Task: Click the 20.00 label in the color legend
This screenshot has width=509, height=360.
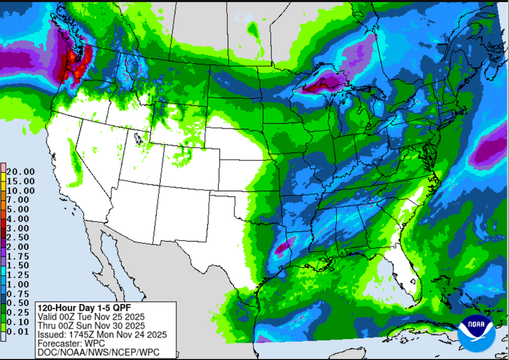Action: tap(20, 171)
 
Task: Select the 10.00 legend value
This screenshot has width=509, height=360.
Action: tap(20, 190)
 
